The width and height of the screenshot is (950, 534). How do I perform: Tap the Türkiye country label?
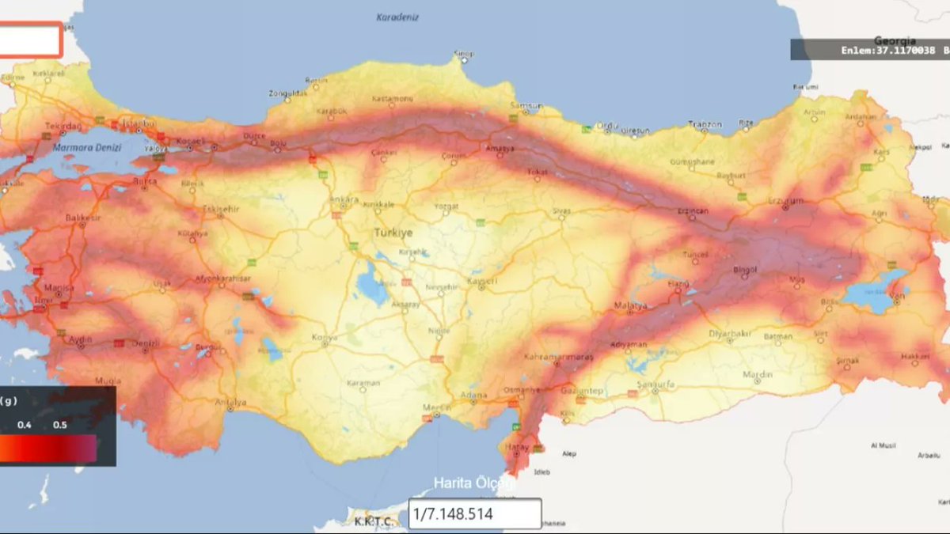coord(393,233)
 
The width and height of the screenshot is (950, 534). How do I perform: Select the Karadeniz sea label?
coord(397,17)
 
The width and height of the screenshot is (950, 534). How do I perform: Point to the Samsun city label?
coord(526,105)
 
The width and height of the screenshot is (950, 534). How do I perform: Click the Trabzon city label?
coord(705,124)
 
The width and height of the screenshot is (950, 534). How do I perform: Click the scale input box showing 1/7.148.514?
coord(475,514)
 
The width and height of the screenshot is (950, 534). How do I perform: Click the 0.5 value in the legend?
coord(60,425)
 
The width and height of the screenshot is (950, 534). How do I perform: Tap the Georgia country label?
coord(895,40)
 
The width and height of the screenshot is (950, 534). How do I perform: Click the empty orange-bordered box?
coord(30,40)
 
